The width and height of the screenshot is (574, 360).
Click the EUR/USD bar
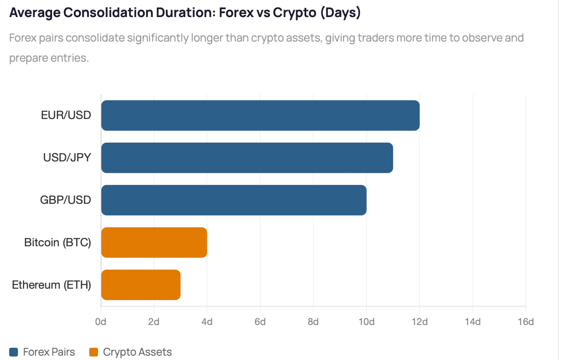(260, 115)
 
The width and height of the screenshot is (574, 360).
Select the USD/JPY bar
(247, 158)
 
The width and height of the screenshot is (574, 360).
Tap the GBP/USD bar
(234, 200)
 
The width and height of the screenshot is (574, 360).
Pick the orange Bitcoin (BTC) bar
(154, 242)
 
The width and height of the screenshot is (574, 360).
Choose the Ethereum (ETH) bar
(141, 285)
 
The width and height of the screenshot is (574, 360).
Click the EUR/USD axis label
(66, 115)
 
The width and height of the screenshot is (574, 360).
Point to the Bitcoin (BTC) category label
(58, 242)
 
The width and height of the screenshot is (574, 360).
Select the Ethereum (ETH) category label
(52, 285)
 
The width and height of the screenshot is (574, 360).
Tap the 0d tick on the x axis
(101, 322)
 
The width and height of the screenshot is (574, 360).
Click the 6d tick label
(260, 322)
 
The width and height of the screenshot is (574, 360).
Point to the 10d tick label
(367, 322)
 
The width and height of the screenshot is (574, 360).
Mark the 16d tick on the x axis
(526, 322)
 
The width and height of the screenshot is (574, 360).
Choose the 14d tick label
(473, 322)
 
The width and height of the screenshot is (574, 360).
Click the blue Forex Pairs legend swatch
(14, 352)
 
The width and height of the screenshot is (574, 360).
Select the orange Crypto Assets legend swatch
(94, 352)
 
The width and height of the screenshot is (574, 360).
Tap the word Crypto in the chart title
(294, 13)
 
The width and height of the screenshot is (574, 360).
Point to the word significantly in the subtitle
(157, 38)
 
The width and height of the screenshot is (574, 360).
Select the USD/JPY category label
(67, 157)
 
